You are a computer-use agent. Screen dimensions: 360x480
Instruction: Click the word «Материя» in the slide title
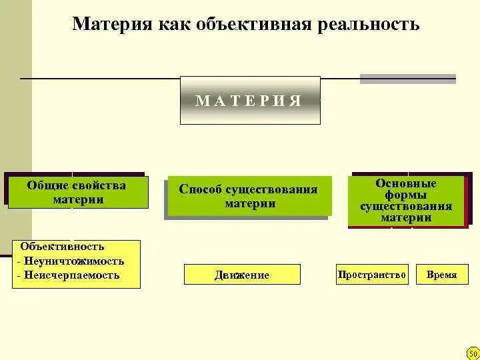pos(113,25)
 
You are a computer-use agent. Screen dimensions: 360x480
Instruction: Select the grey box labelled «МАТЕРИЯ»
pos(250,101)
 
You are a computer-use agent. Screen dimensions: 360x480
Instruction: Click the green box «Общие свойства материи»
pos(77,192)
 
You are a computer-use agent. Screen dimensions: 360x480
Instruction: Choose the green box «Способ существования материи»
pos(249,197)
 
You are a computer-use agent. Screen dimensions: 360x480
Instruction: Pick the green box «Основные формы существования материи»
pos(406,201)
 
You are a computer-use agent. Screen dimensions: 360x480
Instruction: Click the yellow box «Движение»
pos(242,275)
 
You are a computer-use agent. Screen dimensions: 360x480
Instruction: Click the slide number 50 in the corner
pos(473,353)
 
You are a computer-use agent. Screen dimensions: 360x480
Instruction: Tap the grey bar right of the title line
pos(407,79)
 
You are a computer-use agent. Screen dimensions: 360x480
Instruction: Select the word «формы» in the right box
pos(406,195)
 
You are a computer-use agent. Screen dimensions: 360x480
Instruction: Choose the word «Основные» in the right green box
pos(406,183)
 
